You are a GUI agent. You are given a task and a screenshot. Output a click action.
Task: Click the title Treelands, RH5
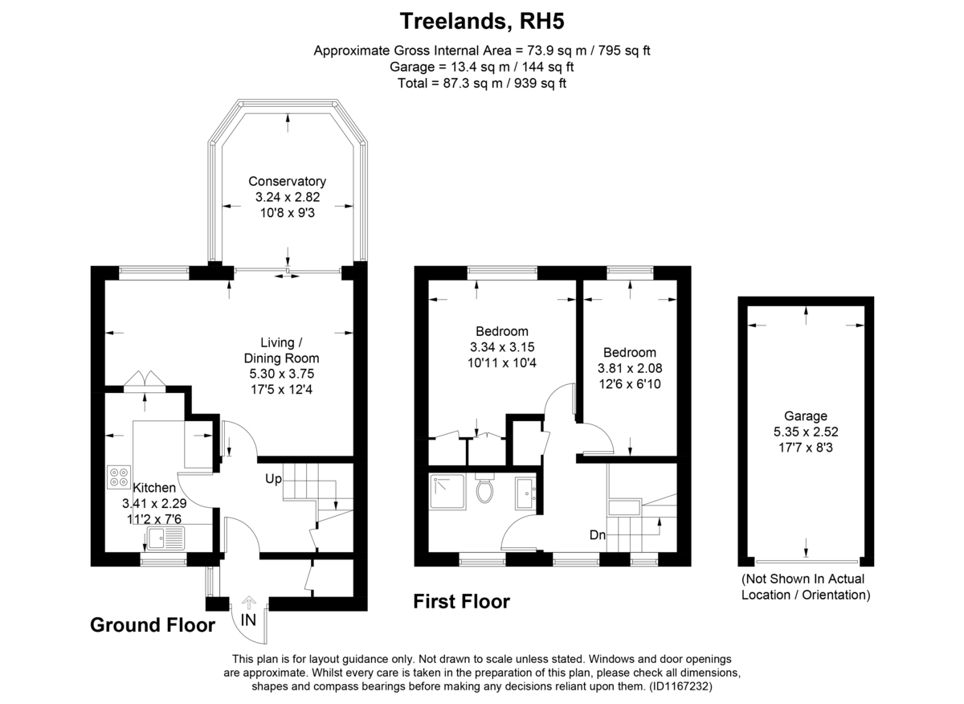[x=481, y=21]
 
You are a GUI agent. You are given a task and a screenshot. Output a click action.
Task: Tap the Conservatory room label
[x=287, y=182]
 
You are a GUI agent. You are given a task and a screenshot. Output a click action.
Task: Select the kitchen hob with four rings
[x=119, y=477]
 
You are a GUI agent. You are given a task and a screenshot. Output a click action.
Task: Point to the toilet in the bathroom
[x=484, y=488]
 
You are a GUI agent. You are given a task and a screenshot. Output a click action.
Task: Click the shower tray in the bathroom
[x=447, y=492]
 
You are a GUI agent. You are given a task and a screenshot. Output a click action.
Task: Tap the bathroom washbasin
[x=525, y=493]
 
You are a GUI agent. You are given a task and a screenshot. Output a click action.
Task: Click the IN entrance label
[x=248, y=620]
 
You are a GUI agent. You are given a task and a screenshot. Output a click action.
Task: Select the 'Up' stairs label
[x=273, y=479]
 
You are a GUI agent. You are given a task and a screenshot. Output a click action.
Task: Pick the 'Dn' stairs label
[x=598, y=535]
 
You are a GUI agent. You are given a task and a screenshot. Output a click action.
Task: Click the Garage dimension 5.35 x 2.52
[x=806, y=432]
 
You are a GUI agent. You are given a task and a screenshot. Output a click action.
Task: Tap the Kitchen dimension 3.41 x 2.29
[x=154, y=503]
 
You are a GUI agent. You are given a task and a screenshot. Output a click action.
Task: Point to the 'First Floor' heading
[x=461, y=601]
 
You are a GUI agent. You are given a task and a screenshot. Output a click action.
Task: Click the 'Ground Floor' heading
[x=153, y=625]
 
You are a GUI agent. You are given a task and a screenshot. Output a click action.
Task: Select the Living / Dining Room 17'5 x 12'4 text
[x=281, y=390]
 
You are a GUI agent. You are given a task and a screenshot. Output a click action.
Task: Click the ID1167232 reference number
[x=680, y=686]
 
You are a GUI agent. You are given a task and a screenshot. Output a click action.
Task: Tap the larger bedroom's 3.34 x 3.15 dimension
[x=502, y=347]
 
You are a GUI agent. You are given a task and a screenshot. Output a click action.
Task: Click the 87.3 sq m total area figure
[x=472, y=83]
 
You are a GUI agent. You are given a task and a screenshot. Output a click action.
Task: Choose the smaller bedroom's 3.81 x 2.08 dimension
[x=630, y=368]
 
